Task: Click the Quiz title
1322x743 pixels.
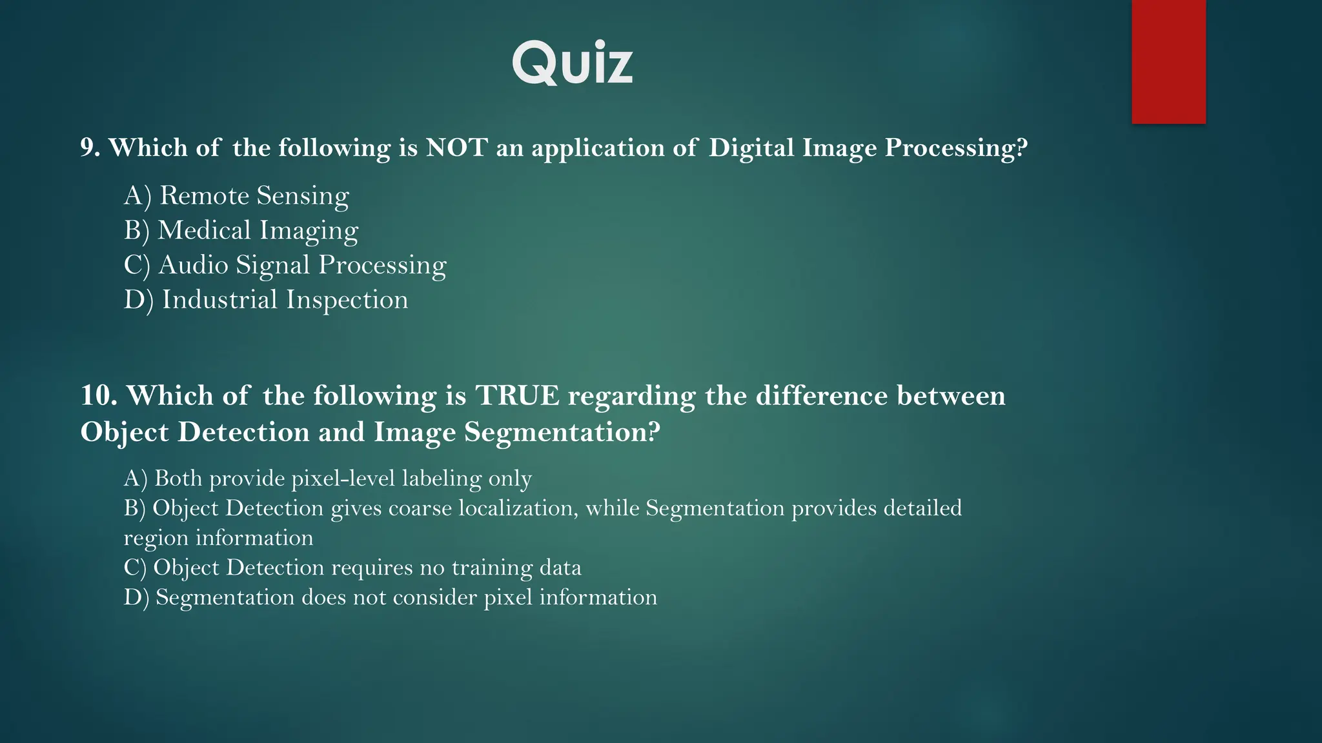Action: tap(573, 63)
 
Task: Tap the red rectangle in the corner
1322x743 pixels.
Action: tap(1168, 61)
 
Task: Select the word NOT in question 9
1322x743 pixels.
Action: tap(456, 148)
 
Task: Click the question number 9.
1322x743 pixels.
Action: tap(90, 148)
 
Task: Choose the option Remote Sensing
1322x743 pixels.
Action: tap(236, 195)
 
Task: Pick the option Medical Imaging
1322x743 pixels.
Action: tap(241, 230)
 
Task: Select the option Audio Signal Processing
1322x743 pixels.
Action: tap(285, 265)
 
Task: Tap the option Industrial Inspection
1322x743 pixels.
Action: tap(265, 300)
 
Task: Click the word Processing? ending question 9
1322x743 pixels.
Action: tap(955, 148)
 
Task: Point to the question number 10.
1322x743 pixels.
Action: tap(98, 395)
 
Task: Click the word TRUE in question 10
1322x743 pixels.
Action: tap(518, 395)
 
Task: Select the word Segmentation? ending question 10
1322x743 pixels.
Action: tap(562, 431)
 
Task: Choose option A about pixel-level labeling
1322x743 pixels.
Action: tap(327, 479)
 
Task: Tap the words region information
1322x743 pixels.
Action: tap(218, 538)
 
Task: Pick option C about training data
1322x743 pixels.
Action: tap(352, 568)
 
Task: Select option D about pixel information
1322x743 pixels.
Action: tap(390, 597)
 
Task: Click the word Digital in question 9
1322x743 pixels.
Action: tap(751, 148)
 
